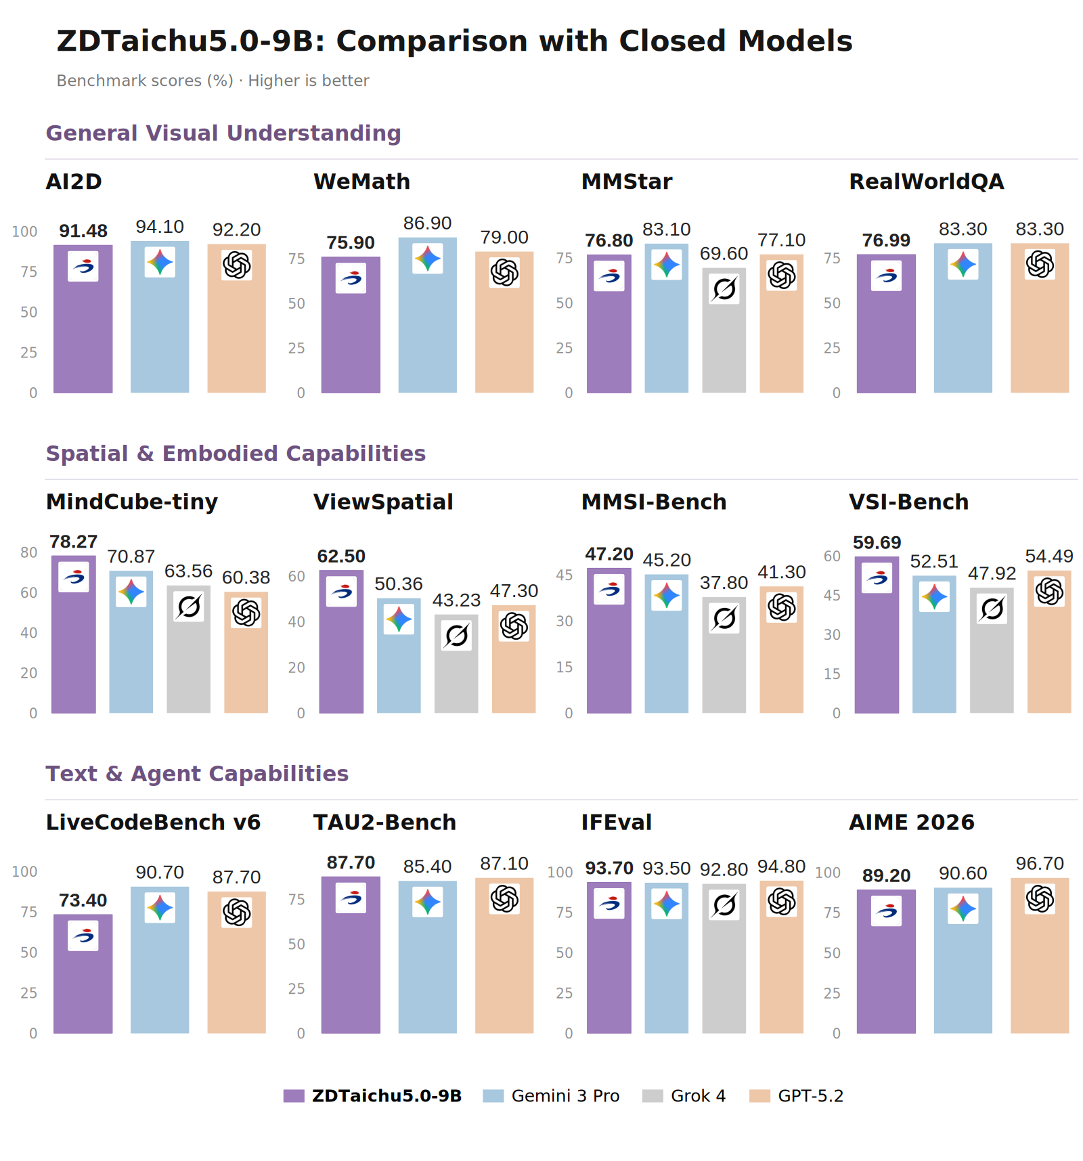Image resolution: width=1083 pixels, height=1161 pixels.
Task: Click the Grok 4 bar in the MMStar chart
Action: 724,330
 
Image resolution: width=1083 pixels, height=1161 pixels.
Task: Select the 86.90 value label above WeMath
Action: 427,223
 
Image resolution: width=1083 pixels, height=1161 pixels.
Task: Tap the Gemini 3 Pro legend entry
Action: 551,1095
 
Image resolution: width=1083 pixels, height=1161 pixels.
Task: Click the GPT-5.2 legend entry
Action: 796,1095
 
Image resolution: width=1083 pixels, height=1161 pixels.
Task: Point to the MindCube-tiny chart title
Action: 132,502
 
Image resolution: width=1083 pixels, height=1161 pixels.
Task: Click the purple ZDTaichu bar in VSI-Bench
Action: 877,634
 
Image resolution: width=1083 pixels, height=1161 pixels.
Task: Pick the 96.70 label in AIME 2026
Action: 1040,864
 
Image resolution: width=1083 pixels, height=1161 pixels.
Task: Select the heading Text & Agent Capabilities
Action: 197,773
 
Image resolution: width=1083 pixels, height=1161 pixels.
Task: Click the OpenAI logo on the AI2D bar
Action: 237,265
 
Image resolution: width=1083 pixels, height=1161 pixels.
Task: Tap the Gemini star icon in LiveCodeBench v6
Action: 160,908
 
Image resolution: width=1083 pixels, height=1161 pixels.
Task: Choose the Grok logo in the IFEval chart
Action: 724,904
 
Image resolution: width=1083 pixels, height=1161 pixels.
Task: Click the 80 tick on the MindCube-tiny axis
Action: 29,552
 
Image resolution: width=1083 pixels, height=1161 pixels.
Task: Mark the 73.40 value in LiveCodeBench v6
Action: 83,900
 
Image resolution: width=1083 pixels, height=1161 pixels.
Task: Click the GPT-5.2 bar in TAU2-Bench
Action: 504,955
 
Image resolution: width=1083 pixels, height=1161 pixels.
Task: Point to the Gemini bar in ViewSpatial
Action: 399,655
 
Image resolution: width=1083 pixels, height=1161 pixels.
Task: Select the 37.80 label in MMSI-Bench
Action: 724,583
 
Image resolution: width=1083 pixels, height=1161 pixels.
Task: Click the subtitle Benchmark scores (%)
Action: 145,81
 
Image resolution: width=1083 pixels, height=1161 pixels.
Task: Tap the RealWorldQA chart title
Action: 927,181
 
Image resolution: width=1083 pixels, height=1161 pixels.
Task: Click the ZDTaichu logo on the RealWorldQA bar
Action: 886,276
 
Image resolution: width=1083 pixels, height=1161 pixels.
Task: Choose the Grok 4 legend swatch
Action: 653,1095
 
